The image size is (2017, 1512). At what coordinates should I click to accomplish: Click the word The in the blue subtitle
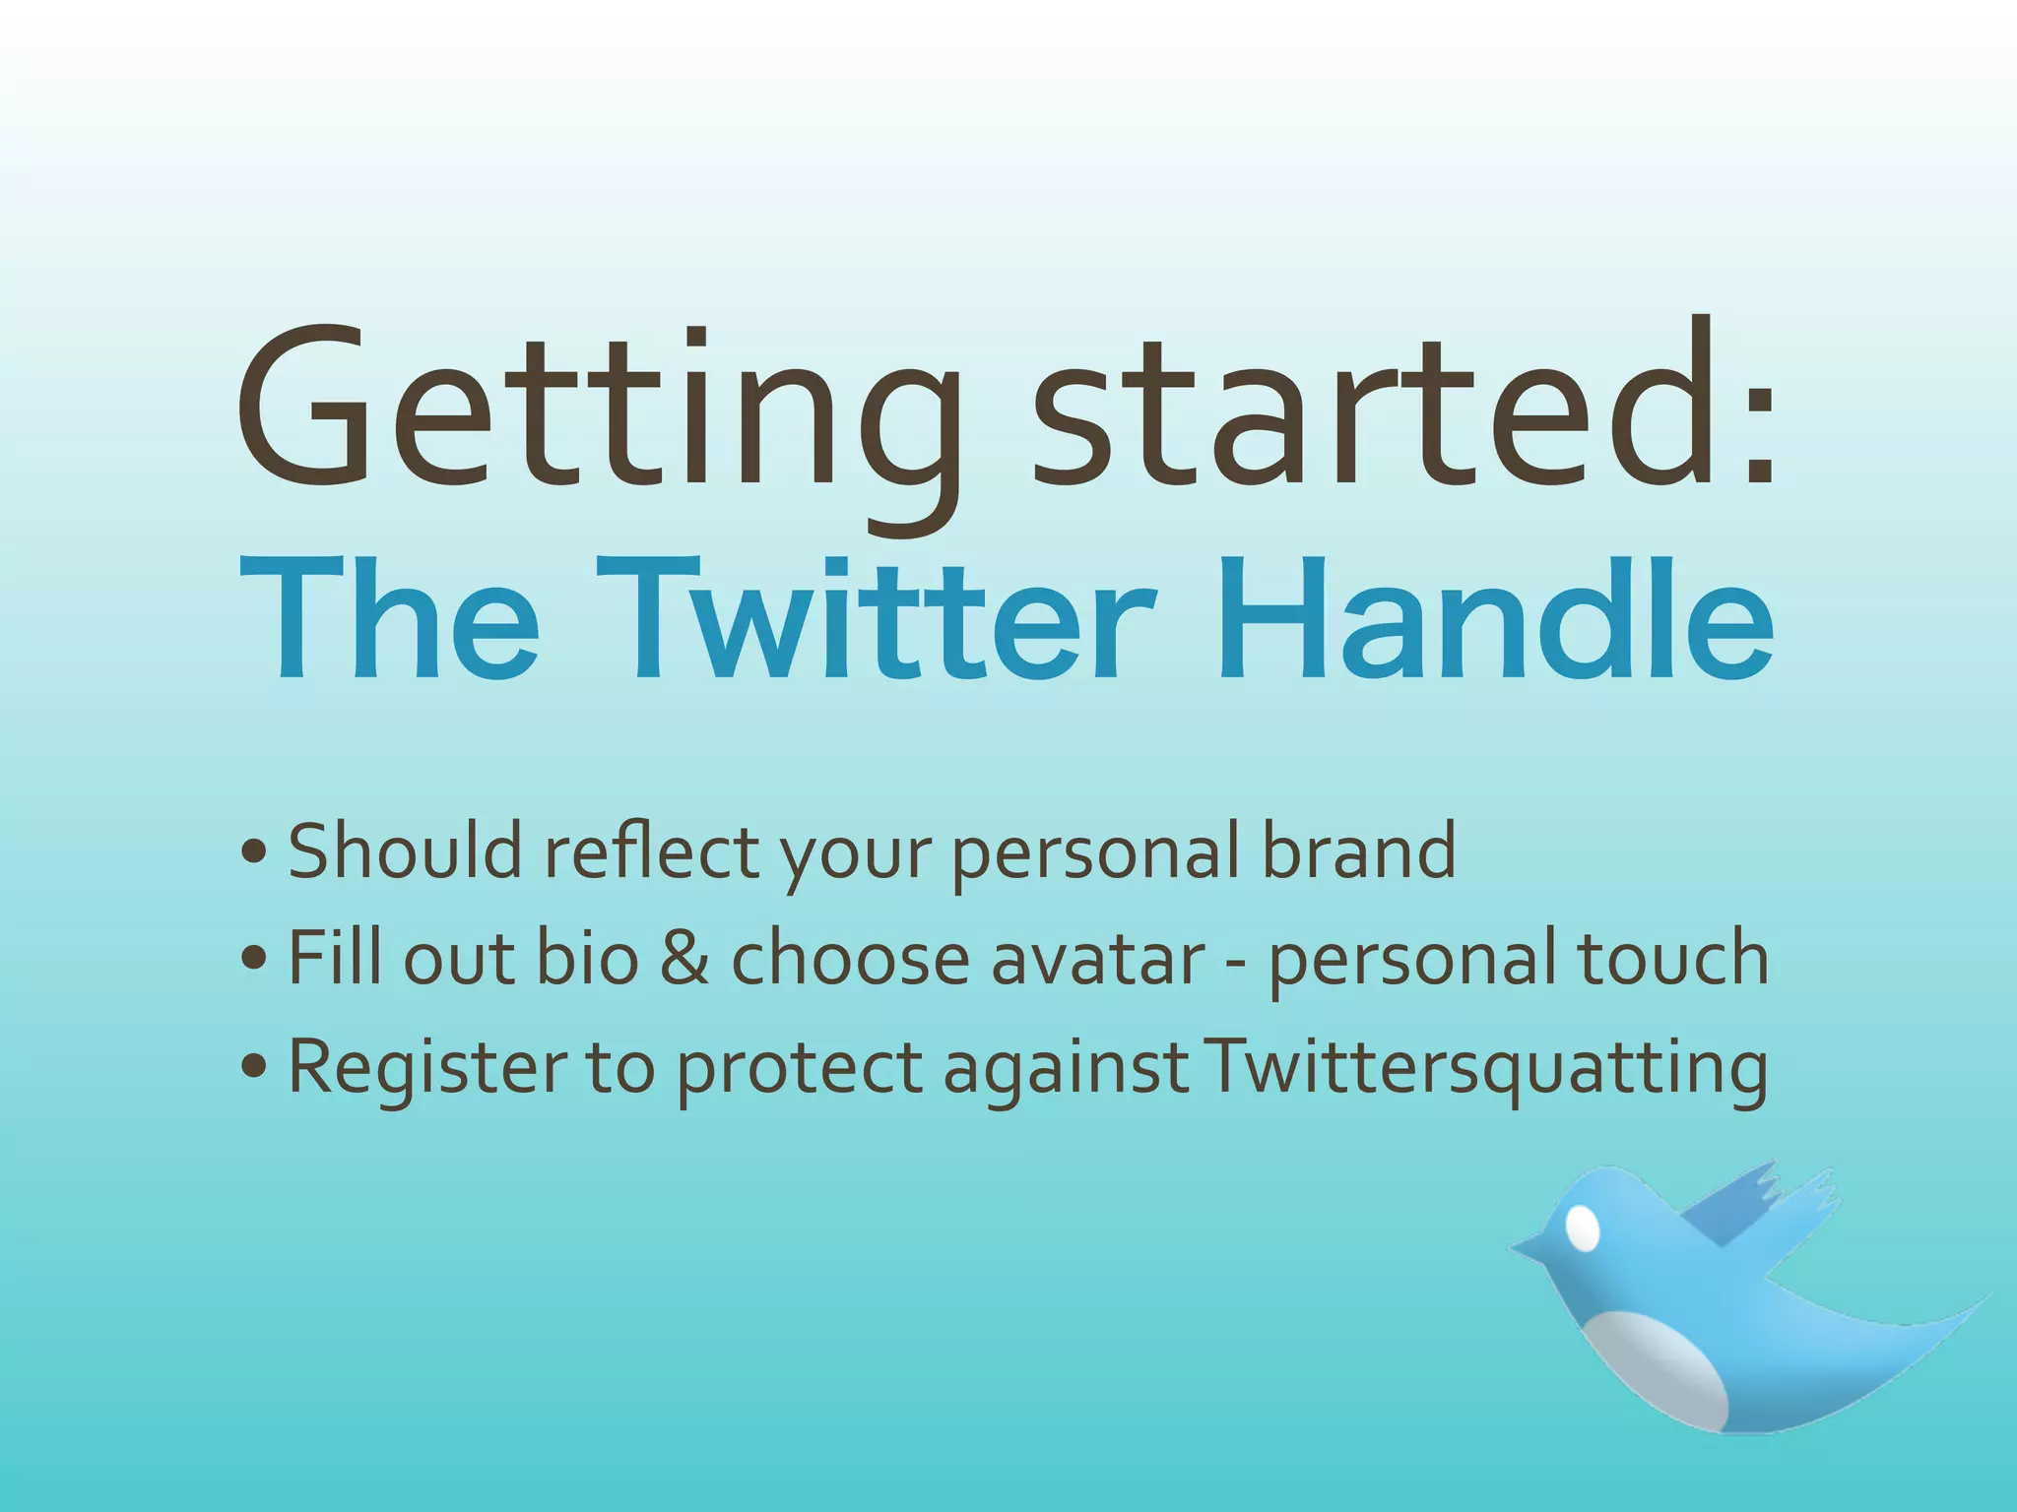(389, 618)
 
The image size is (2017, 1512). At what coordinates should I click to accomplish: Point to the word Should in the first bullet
(405, 851)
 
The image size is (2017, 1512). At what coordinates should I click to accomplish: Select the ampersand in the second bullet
(684, 957)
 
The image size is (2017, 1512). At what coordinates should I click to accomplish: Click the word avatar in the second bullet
(1098, 957)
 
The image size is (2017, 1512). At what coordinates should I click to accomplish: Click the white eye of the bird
(1582, 1228)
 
